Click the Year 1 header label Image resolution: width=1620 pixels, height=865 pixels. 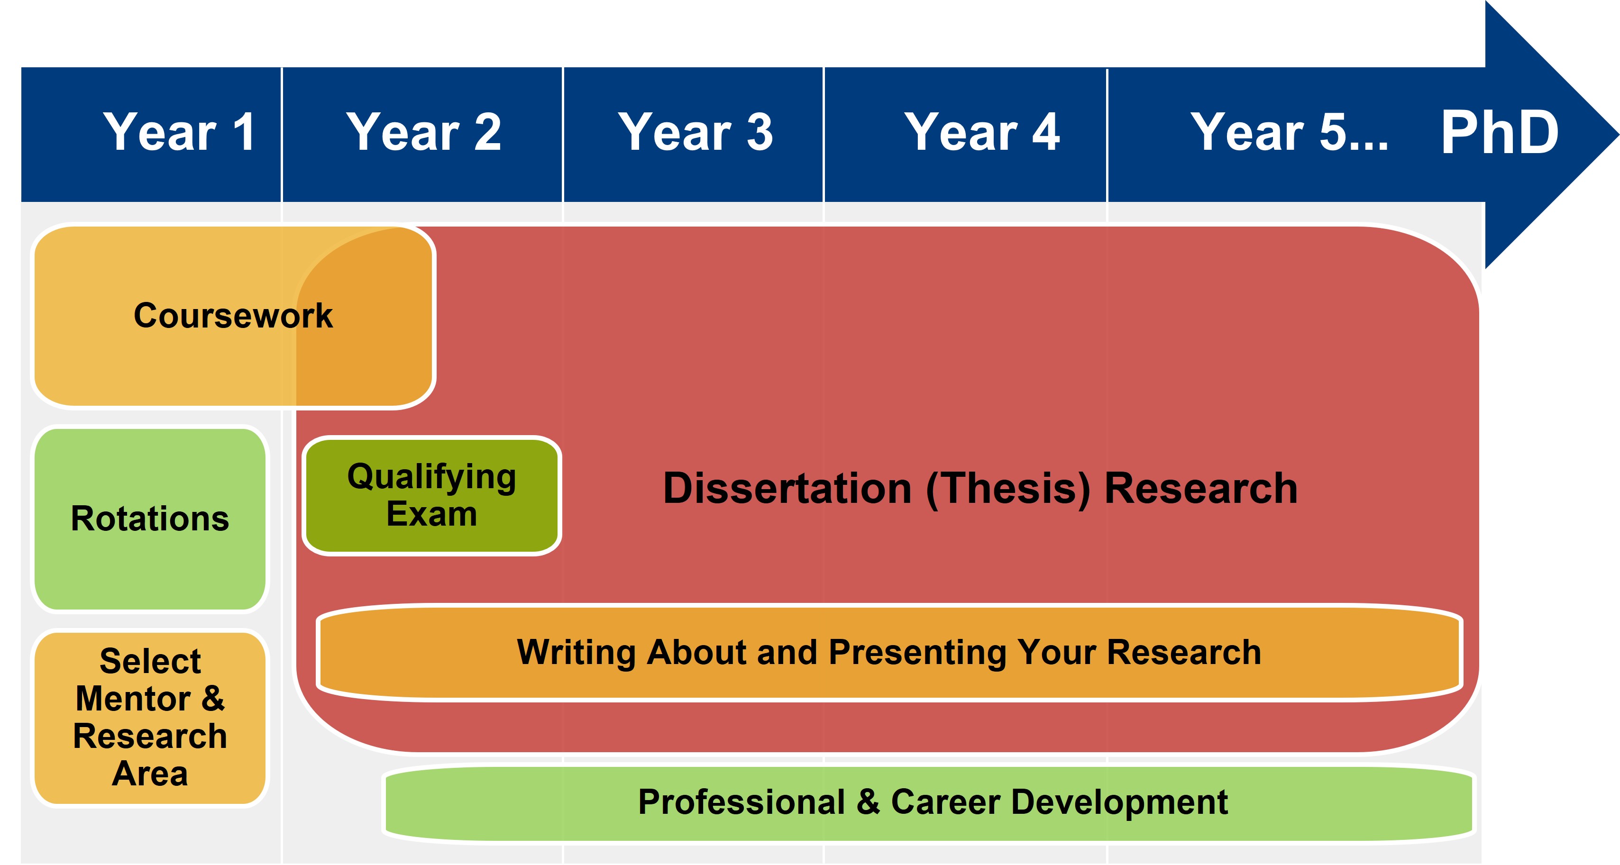179,132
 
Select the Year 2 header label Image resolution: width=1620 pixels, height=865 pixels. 424,132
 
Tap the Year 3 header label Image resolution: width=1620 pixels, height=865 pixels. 696,132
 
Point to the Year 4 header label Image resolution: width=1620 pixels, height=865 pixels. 982,132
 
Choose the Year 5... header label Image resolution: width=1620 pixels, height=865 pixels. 1289,132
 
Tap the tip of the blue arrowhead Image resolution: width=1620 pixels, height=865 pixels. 1618,135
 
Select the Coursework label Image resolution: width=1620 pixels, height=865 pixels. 233,316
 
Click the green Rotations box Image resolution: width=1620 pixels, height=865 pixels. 150,519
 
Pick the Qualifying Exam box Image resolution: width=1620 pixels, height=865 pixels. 431,496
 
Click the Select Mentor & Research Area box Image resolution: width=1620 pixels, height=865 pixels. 150,718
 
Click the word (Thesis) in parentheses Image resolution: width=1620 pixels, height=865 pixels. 1008,490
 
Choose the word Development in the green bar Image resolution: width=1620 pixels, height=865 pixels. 1119,803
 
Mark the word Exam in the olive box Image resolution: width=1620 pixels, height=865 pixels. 431,514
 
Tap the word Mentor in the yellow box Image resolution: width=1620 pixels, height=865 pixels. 133,699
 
